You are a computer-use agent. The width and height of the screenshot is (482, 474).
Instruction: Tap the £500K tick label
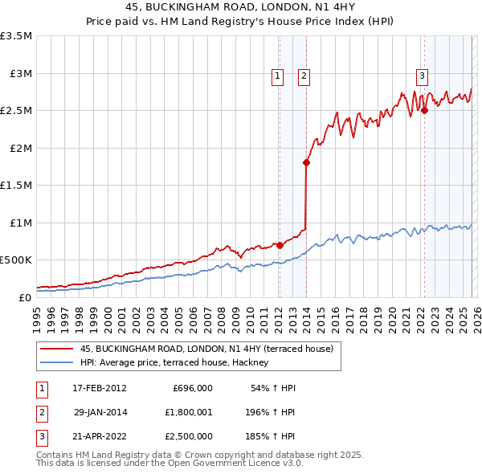(16, 260)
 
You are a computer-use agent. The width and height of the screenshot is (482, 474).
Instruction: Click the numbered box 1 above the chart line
(277, 77)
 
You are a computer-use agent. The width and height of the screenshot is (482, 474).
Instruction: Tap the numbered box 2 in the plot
(304, 77)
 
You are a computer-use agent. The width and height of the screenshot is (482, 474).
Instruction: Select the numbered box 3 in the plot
(422, 77)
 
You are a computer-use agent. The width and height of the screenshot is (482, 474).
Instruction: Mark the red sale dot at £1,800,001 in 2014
(306, 163)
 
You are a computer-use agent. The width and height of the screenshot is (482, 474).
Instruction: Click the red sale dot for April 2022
(424, 111)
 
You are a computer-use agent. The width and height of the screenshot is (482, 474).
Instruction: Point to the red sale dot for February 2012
(279, 245)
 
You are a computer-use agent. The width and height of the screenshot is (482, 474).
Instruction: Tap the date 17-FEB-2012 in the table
(100, 388)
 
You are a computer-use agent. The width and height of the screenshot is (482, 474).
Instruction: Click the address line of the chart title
(241, 7)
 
